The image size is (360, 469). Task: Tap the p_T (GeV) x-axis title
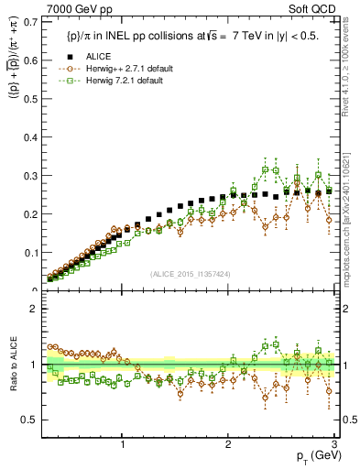[x=312, y=456]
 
